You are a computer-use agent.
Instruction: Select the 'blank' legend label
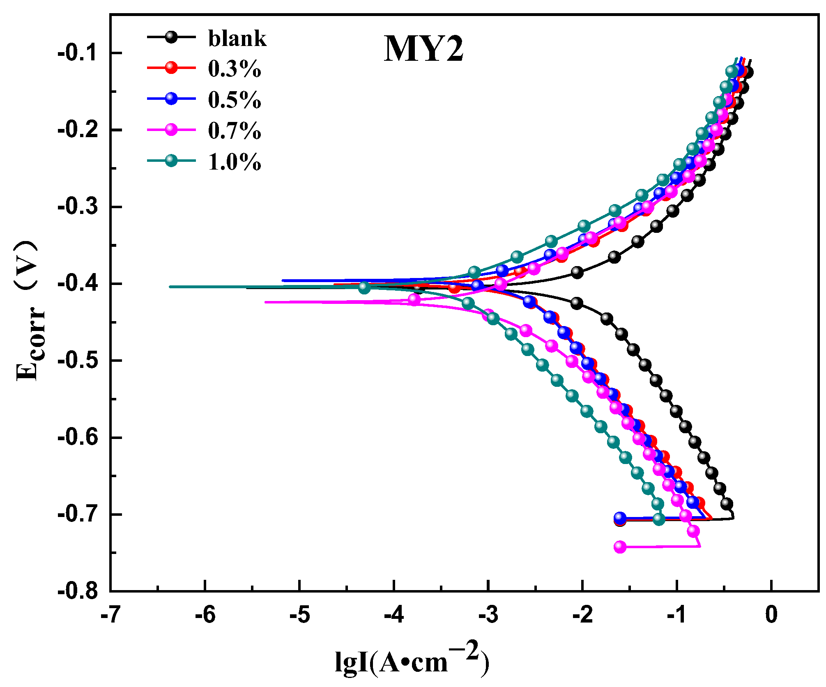(x=237, y=39)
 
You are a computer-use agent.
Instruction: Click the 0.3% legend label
(x=234, y=69)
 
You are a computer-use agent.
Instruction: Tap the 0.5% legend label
(x=234, y=100)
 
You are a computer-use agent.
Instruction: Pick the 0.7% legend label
(x=234, y=131)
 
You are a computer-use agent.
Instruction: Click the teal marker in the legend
(x=171, y=161)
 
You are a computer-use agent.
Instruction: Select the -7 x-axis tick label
(x=110, y=615)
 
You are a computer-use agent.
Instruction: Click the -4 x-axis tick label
(x=393, y=615)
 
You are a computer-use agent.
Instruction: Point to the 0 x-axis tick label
(x=771, y=615)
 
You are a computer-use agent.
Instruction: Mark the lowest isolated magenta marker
(x=620, y=547)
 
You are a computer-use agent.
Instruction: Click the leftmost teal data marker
(x=364, y=287)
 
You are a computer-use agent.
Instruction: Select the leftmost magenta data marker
(x=414, y=299)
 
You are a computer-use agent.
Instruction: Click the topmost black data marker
(x=748, y=72)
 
